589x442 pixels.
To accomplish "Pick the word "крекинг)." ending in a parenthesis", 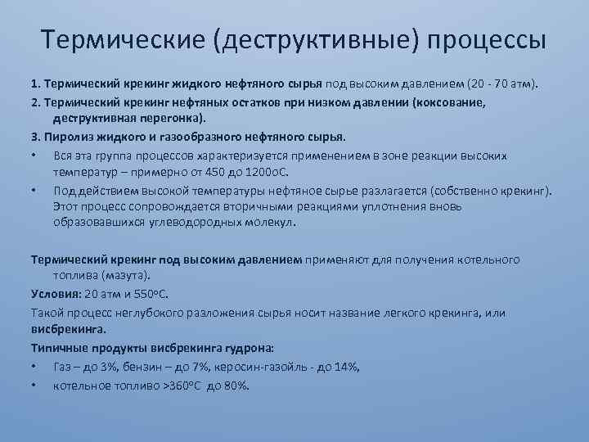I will click(528, 192).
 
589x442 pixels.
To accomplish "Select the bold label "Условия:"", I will click(56, 294).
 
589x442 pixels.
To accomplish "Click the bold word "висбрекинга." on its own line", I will click(69, 330).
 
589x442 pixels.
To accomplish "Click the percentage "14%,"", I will click(344, 367).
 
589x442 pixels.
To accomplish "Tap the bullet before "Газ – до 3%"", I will click(34, 367).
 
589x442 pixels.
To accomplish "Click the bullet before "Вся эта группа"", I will click(34, 156).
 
